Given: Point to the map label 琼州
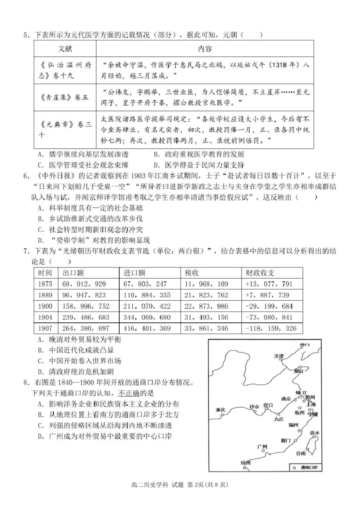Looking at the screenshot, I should (246, 463).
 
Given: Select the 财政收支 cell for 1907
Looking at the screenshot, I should (270, 328).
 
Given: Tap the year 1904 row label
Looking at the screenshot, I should (45, 317).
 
